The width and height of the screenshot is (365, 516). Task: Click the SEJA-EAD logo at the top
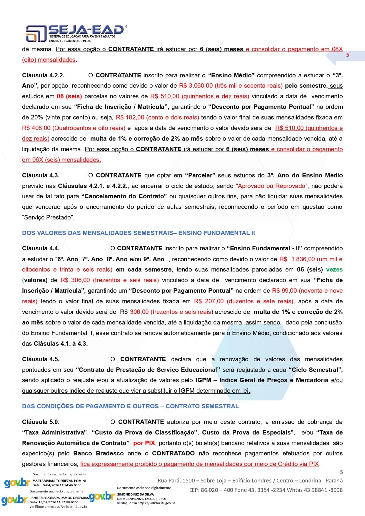[75, 33]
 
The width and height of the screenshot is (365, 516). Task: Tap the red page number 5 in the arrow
[348, 55]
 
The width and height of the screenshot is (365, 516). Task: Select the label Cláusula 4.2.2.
[43, 75]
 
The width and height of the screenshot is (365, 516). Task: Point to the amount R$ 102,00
[130, 118]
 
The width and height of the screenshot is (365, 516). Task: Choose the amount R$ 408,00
[36, 128]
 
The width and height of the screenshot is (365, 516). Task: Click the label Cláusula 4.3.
[41, 175]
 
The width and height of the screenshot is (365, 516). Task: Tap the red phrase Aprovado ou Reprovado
[272, 186]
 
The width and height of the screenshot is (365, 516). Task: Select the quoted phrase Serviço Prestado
[48, 218]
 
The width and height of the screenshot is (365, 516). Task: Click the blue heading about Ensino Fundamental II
[138, 233]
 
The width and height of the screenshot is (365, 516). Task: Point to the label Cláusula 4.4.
[41, 248]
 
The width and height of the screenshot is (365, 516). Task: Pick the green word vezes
[334, 269]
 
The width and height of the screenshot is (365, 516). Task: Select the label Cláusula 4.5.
[41, 359]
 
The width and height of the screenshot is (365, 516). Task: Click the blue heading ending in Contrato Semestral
[130, 406]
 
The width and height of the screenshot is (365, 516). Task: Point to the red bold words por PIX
[144, 443]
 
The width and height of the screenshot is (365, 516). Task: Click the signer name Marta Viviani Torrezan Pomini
[59, 481]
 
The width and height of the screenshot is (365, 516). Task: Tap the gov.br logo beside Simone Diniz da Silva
[101, 497]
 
